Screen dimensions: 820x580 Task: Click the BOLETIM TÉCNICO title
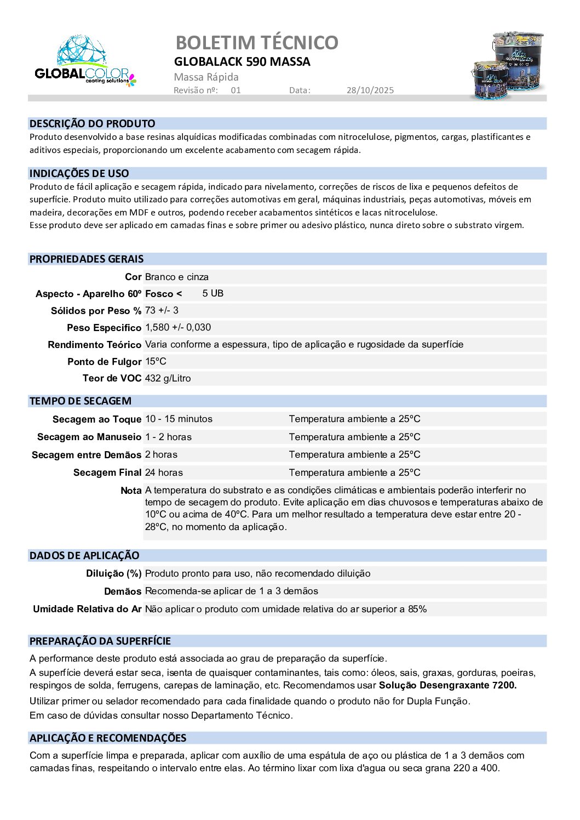click(257, 42)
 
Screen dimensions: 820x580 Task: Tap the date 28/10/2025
click(370, 90)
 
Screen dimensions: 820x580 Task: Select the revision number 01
click(236, 90)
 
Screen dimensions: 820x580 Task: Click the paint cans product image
click(508, 66)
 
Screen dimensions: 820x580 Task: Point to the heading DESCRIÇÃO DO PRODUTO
click(92, 124)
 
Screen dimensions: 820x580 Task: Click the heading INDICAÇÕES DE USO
click(79, 174)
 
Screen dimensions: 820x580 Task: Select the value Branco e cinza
click(176, 277)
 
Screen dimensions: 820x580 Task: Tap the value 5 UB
click(213, 294)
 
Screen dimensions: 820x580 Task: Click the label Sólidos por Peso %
click(96, 311)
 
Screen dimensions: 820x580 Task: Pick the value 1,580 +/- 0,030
click(177, 328)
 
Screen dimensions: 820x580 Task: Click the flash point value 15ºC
click(156, 362)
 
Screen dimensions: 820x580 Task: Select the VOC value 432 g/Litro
click(168, 379)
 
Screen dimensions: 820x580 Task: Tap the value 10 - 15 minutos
click(179, 419)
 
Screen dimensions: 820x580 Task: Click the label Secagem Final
click(107, 472)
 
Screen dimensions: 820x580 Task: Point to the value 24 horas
click(164, 472)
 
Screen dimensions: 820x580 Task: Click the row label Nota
click(131, 491)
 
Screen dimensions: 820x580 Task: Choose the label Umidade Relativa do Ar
click(87, 609)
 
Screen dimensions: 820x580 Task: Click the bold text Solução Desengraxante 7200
click(447, 685)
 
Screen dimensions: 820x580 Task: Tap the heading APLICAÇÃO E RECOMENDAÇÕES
click(108, 738)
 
